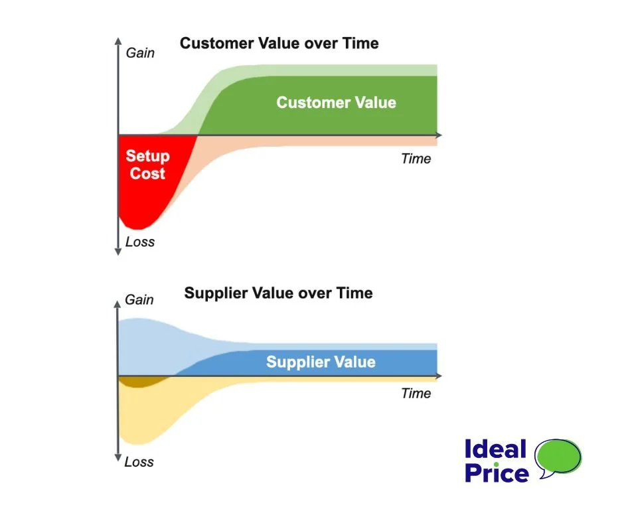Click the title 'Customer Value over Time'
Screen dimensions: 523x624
click(279, 44)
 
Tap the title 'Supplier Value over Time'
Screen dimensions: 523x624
click(278, 293)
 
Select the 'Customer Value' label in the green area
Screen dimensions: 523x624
click(336, 103)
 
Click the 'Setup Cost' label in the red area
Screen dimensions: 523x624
click(147, 165)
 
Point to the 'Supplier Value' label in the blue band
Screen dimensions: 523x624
click(321, 362)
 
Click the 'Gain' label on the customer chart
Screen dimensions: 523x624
click(140, 52)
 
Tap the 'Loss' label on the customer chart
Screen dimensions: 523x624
click(139, 242)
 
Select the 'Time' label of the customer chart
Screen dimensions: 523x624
click(416, 159)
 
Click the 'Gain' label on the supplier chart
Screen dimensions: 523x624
click(139, 300)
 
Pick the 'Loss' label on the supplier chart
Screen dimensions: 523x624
click(139, 462)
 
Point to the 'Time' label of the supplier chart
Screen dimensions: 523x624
click(416, 394)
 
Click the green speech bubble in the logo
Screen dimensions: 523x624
click(558, 457)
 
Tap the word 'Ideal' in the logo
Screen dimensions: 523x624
click(495, 449)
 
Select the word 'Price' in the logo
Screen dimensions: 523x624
click(497, 473)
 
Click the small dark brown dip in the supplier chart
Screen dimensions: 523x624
click(139, 381)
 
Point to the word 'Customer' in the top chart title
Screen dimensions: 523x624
click(214, 44)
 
